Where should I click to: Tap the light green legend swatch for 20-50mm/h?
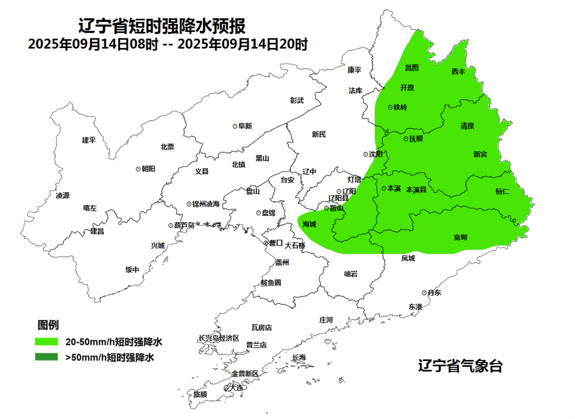[46, 341]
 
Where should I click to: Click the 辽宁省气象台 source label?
[460, 366]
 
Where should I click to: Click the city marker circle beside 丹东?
[424, 293]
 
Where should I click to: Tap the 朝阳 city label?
[149, 169]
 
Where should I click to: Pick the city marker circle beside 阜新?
[235, 126]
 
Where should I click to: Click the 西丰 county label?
[458, 71]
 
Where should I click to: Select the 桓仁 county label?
[502, 191]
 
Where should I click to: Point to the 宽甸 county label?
[461, 237]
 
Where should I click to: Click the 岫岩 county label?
[351, 274]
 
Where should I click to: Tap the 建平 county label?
[89, 140]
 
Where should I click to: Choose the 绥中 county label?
[132, 269]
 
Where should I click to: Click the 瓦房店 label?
[261, 327]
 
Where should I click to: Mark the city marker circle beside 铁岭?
[390, 107]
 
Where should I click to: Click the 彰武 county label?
[297, 100]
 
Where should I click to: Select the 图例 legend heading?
[48, 325]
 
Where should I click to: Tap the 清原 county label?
[467, 126]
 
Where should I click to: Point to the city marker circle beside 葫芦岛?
[170, 225]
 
